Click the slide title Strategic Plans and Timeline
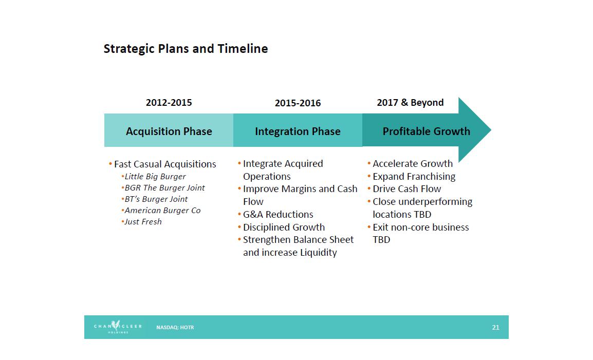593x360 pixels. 186,49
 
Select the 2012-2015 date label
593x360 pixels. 169,103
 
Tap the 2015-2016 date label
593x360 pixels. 298,103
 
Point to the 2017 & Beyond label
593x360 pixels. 411,103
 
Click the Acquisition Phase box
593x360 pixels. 169,130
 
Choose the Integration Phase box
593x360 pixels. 298,130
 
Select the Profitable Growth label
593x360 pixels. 426,131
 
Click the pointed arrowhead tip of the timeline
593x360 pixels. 491,130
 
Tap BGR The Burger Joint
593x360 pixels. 163,188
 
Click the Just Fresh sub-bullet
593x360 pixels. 141,222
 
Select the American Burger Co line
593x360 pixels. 161,211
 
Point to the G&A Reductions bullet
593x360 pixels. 276,215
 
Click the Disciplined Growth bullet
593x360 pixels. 282,228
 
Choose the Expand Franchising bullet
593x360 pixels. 412,177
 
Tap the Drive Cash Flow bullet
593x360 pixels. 404,188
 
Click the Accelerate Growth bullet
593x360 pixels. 410,164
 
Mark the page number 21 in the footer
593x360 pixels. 495,328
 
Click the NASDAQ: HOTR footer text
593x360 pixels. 175,328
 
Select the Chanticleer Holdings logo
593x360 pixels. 118,327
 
